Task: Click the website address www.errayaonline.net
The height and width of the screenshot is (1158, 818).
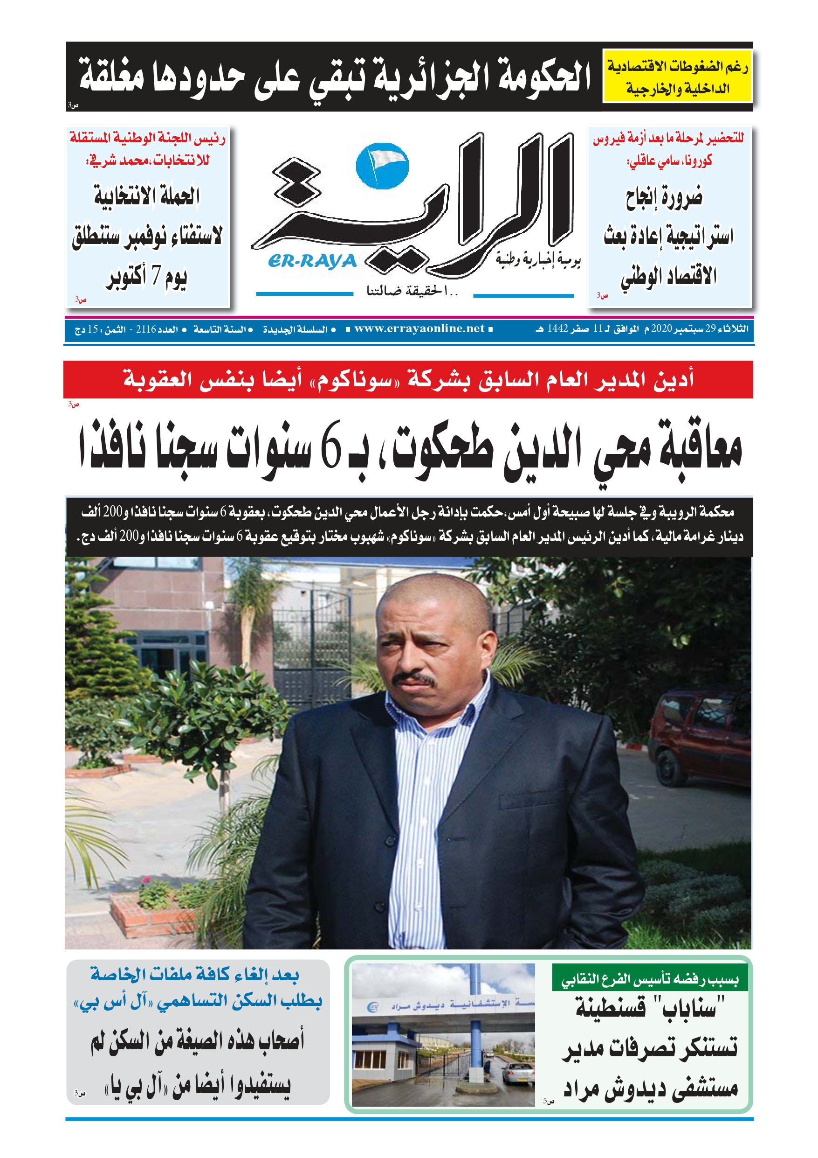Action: (419, 329)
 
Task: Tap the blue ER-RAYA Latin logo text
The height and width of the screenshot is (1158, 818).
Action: (312, 261)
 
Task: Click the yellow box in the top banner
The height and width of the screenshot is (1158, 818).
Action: (677, 77)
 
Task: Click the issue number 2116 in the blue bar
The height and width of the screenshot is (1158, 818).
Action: (146, 329)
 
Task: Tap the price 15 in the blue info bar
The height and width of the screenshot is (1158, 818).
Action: (93, 329)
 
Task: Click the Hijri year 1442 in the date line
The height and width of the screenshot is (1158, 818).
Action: (557, 329)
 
